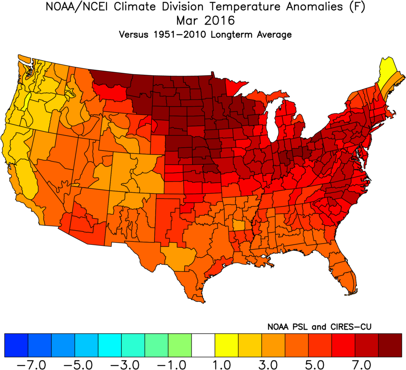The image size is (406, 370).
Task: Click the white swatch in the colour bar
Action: click(x=203, y=345)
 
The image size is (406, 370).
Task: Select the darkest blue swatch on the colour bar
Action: click(x=16, y=345)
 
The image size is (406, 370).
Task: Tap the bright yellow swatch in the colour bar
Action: click(x=226, y=345)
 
